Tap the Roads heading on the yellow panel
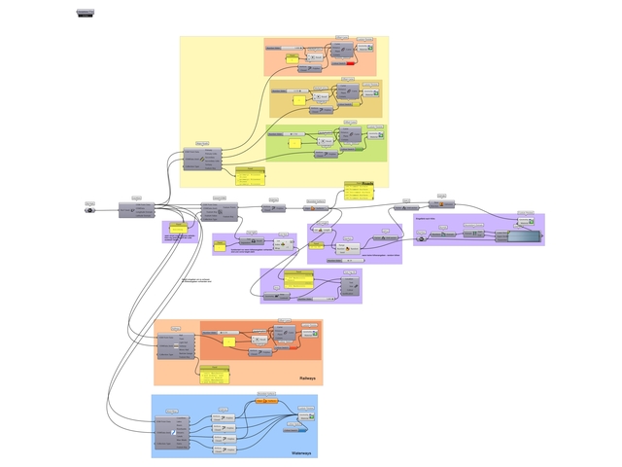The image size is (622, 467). (x=367, y=183)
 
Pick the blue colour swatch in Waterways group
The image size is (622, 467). (x=309, y=420)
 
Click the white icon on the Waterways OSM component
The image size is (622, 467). (x=174, y=431)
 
